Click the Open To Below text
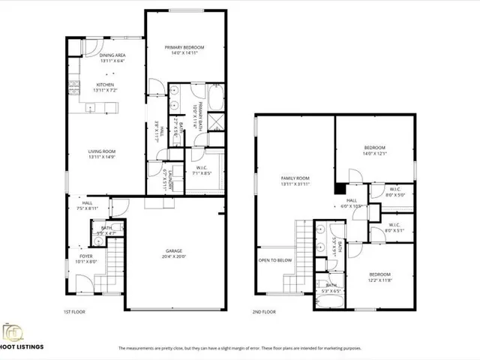(x=274, y=261)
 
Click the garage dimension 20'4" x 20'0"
(x=174, y=256)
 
